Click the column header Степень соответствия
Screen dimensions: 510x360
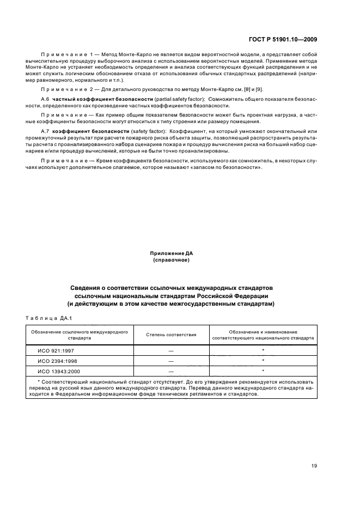(x=171, y=334)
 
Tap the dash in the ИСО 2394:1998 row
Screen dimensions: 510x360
(x=171, y=361)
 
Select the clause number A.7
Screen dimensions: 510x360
(x=45, y=132)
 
